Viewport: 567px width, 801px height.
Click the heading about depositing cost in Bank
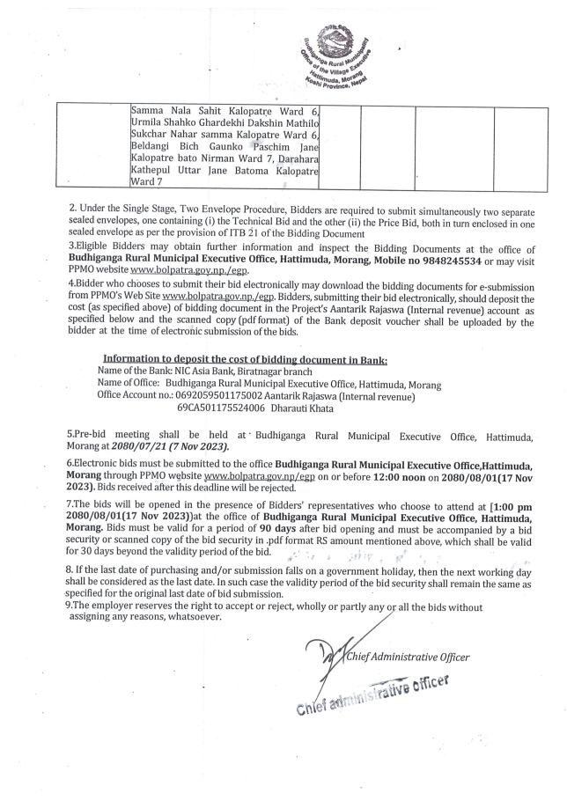coord(245,360)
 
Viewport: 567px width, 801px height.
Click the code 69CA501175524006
coord(220,408)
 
